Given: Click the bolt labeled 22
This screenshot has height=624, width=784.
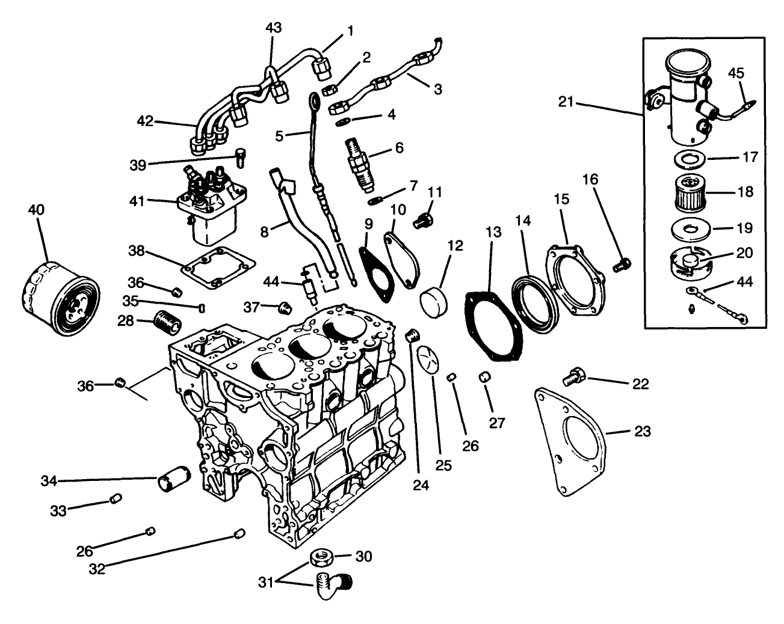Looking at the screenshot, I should click(x=572, y=378).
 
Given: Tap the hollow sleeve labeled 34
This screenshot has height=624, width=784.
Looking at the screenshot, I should click(x=173, y=481).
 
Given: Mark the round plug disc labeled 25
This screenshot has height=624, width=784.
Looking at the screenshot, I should click(x=430, y=360).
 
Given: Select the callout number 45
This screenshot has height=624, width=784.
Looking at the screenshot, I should click(x=736, y=73).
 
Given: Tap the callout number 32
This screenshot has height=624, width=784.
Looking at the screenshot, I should click(x=97, y=567).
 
